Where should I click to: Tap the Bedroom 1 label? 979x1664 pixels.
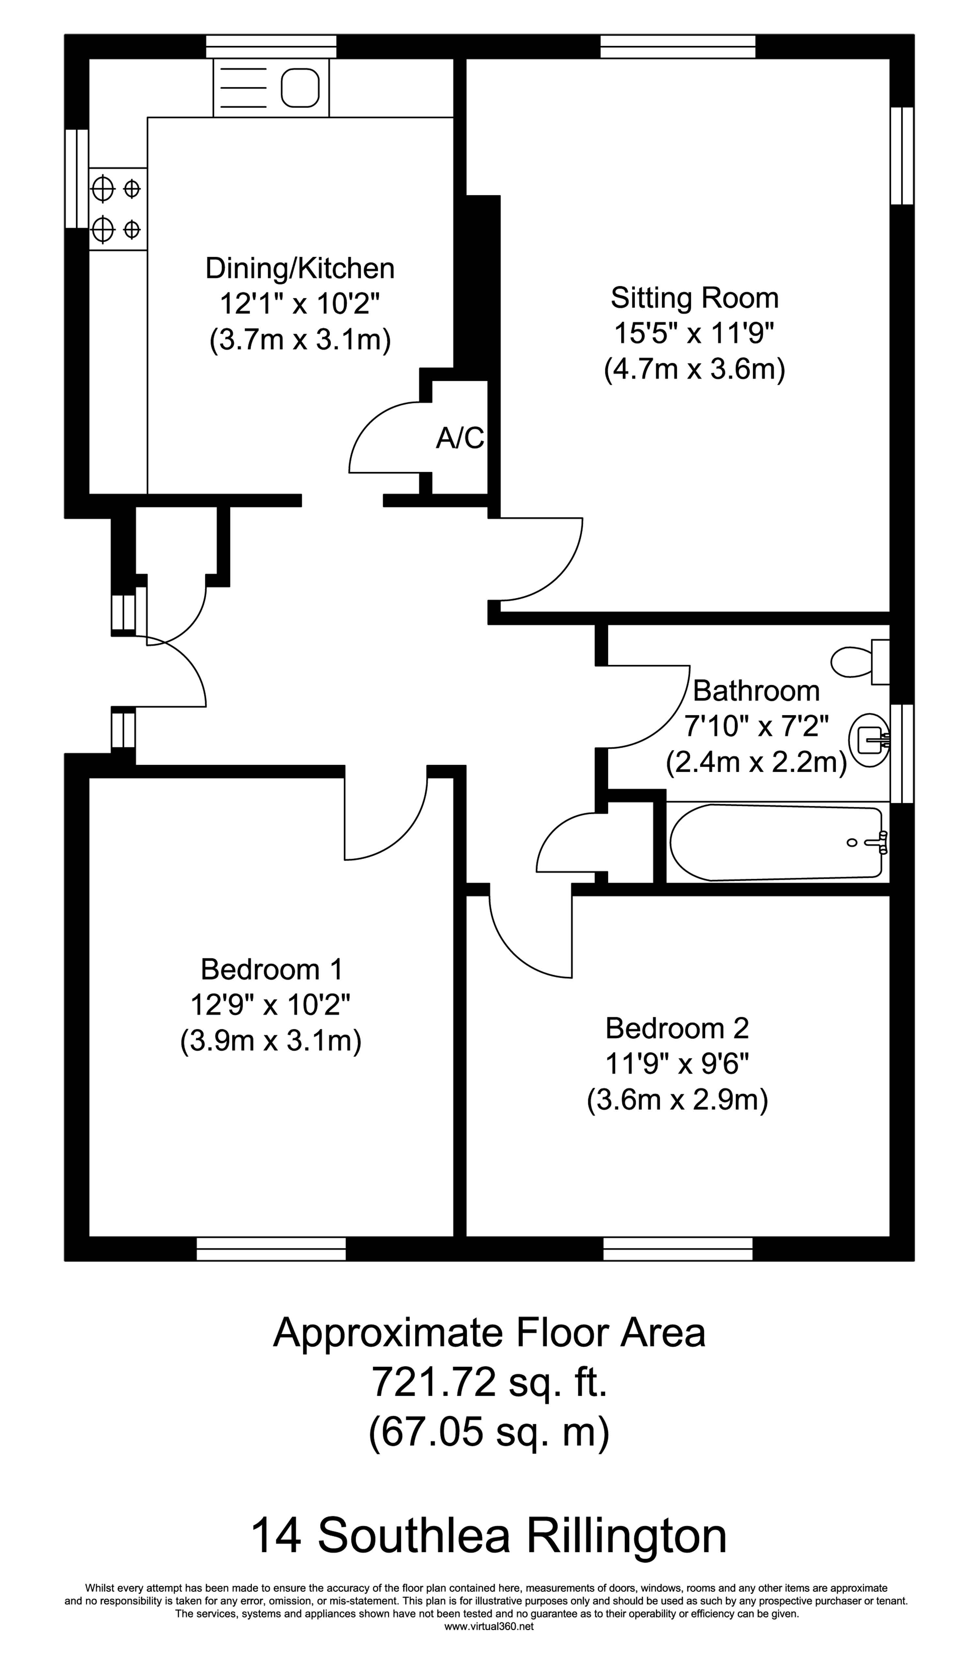click(x=272, y=969)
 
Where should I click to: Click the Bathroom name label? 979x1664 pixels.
click(x=756, y=691)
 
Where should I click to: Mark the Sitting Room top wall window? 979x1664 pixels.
click(x=678, y=46)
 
